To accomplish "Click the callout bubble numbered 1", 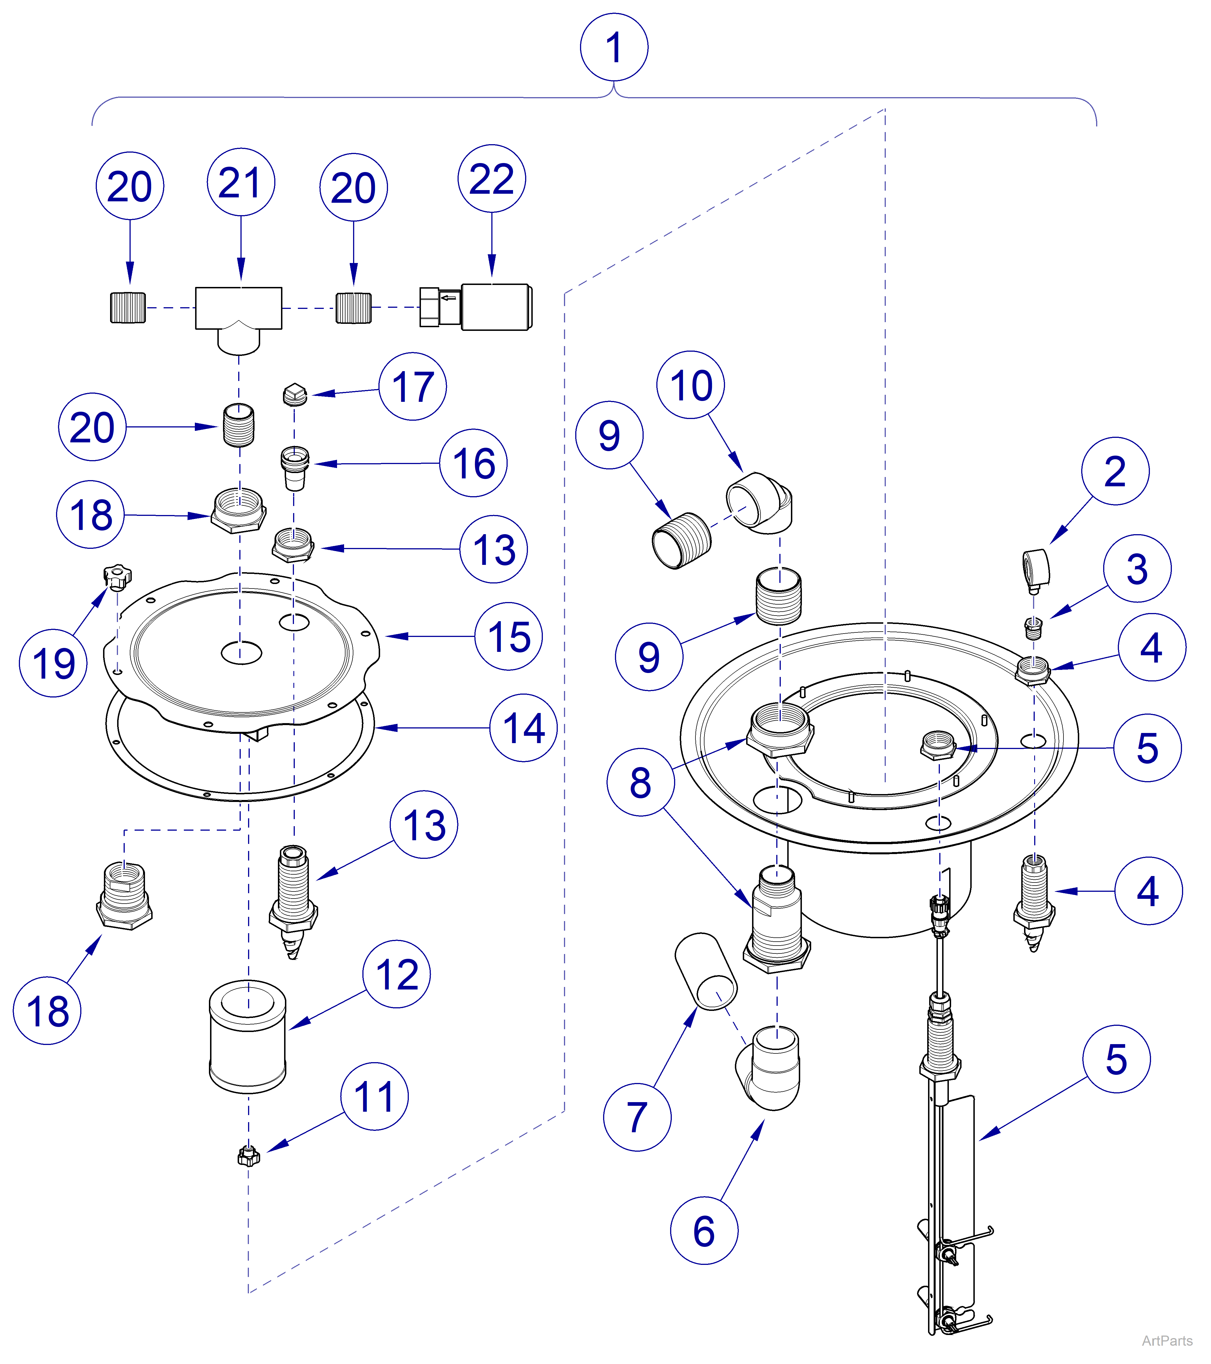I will (614, 47).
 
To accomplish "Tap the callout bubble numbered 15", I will (509, 637).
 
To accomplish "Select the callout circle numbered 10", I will (691, 385).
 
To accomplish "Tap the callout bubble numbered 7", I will (637, 1117).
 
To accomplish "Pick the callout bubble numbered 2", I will (1115, 471).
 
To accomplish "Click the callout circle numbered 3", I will (1137, 569).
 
